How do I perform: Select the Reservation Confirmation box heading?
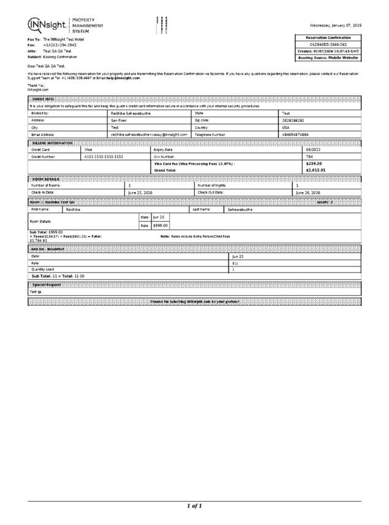coord(328,37)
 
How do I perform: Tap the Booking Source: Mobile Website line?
coord(328,58)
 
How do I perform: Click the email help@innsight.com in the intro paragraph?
coord(123,78)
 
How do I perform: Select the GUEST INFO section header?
coord(42,99)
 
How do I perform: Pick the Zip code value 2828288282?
coord(293,121)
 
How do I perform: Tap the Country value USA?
coord(285,127)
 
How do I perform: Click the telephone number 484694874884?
coord(296,134)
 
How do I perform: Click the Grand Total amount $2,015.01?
coord(315,170)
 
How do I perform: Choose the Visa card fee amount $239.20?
coord(314,164)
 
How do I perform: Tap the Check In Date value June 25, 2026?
coord(140,192)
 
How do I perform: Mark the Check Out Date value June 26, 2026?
coord(308,192)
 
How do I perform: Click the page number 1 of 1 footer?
coord(194,505)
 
